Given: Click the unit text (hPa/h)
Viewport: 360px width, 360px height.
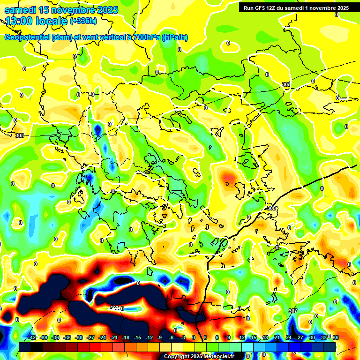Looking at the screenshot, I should coord(174,37).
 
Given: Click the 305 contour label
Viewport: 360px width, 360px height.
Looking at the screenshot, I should coord(271,208).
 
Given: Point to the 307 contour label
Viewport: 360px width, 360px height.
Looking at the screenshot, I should coord(292,311).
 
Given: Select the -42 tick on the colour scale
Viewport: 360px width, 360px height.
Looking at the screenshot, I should coord(32,337).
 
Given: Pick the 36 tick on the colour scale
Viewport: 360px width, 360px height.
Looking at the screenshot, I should coord(335,337).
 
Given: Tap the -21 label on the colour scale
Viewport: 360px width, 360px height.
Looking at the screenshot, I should coord(114,337).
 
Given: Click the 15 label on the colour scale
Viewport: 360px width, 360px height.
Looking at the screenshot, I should coord(253,337).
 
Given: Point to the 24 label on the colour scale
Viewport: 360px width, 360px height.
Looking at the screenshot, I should coord(288,337).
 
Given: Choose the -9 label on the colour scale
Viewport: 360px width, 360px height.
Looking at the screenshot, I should coord(160,337).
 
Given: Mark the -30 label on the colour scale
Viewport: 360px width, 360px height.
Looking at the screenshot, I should coord(79,337).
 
